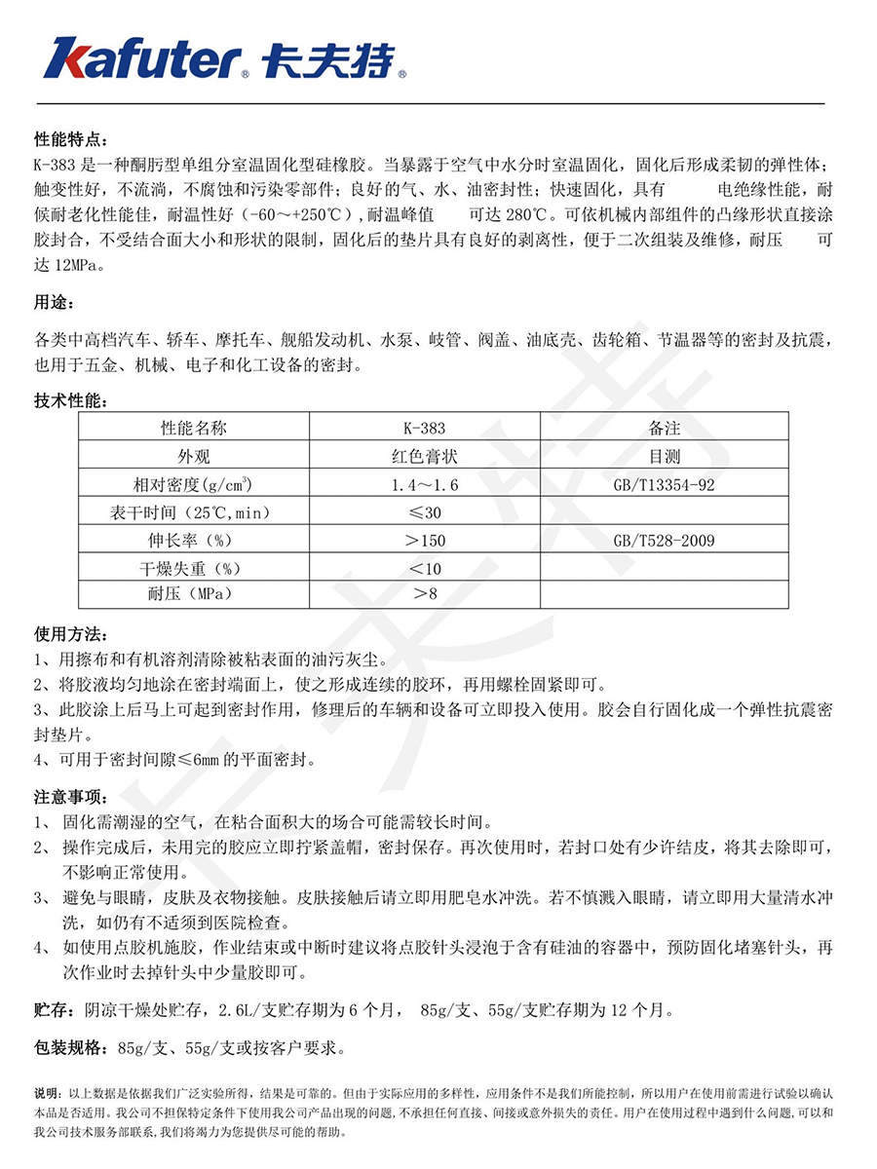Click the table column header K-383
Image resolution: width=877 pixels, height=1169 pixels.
pos(424,428)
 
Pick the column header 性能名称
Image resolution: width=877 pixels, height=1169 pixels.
pos(193,428)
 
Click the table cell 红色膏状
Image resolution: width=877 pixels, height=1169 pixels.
pos(424,456)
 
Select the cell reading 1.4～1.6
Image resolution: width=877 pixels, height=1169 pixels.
pos(424,484)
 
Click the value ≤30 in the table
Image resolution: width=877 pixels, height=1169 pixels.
pos(424,512)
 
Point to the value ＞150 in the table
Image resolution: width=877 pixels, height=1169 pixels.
pos(424,540)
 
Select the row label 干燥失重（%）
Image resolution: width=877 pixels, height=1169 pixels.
pos(193,567)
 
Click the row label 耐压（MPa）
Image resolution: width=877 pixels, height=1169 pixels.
pos(193,593)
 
